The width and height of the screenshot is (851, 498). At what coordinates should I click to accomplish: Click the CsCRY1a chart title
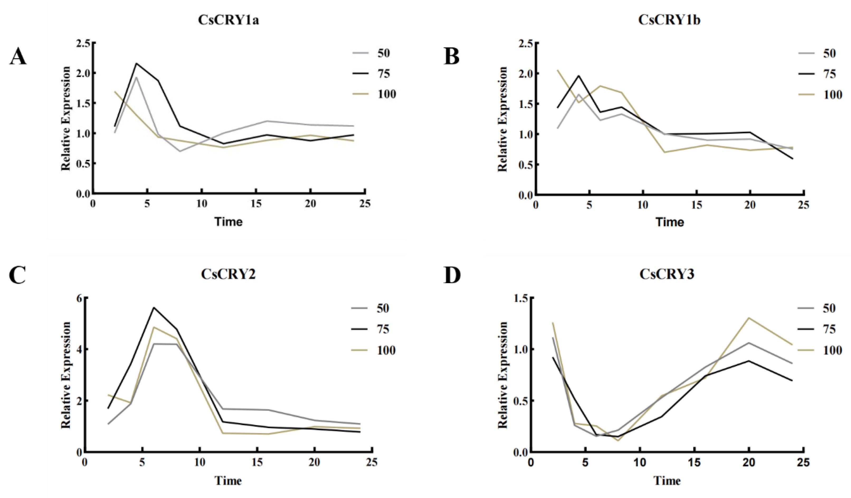[228, 20]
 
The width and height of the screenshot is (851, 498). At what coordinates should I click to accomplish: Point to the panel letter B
[451, 56]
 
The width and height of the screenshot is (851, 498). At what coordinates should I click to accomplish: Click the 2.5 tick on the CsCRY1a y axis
[83, 43]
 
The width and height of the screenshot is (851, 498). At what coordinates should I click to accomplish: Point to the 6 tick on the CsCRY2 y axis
[79, 298]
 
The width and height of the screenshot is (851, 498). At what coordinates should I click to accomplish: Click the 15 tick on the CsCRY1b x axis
[696, 205]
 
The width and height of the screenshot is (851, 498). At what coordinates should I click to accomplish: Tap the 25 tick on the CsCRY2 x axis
[372, 462]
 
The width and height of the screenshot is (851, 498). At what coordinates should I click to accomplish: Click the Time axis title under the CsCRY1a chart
[228, 222]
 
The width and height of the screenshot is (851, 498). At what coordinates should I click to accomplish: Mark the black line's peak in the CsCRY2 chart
[154, 307]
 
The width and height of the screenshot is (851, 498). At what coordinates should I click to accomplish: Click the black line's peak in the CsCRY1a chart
[136, 63]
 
